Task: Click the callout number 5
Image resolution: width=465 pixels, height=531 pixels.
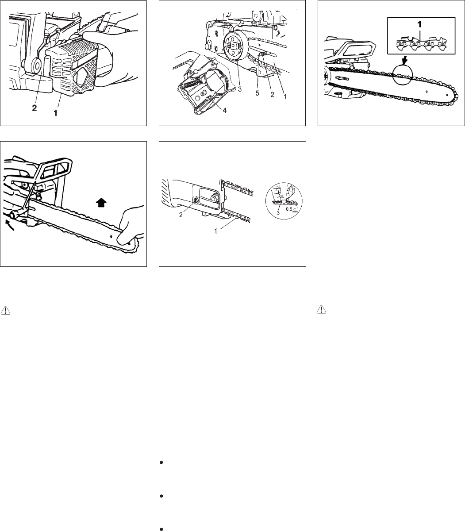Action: [257, 93]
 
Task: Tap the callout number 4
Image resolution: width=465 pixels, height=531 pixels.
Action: [225, 110]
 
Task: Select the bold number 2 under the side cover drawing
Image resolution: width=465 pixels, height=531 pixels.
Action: [34, 108]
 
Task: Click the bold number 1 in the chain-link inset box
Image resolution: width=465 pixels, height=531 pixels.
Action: [419, 24]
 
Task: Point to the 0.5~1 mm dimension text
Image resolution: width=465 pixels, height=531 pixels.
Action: [292, 209]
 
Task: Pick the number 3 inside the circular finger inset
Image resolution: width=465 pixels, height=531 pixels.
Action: [278, 212]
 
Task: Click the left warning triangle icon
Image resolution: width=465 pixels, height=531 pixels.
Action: [5, 310]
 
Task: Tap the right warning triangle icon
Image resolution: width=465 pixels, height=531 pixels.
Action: [322, 309]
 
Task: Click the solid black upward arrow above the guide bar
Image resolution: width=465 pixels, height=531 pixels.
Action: [101, 202]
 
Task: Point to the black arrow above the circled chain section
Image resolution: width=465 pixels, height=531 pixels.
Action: [404, 61]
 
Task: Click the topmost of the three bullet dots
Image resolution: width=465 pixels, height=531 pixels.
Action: [161, 462]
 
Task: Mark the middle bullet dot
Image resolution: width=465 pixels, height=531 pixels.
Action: [161, 496]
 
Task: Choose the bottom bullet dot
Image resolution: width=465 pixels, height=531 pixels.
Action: [161, 529]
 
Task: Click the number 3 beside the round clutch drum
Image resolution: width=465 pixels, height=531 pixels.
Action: [239, 89]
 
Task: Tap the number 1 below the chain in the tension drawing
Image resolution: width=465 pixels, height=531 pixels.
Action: [215, 231]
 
